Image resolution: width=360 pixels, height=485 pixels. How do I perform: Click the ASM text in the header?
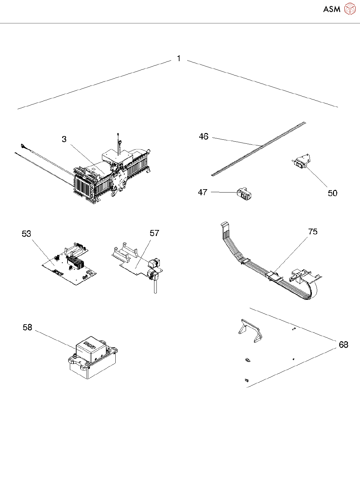pos(332,9)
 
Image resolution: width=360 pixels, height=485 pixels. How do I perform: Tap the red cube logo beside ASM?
pos(350,9)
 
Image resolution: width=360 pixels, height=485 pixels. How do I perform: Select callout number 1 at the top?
pos(179,58)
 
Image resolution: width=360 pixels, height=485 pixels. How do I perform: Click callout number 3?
pos(64,139)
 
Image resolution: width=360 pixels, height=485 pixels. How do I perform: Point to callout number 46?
pos(204,136)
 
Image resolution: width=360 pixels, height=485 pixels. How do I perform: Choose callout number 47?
pos(203,192)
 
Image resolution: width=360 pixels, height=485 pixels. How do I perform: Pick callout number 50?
pos(332,193)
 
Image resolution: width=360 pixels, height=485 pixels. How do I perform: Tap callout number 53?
pos(26,234)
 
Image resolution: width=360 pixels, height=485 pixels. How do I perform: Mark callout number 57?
pos(154,233)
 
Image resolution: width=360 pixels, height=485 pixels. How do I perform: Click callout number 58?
pos(27,327)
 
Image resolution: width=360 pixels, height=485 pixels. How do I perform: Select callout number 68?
pos(343,345)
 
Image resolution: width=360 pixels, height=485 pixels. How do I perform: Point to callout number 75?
pos(313,232)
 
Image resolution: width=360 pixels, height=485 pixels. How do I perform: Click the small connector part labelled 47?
pos(244,194)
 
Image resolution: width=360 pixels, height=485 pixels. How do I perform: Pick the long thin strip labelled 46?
pos(259,148)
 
